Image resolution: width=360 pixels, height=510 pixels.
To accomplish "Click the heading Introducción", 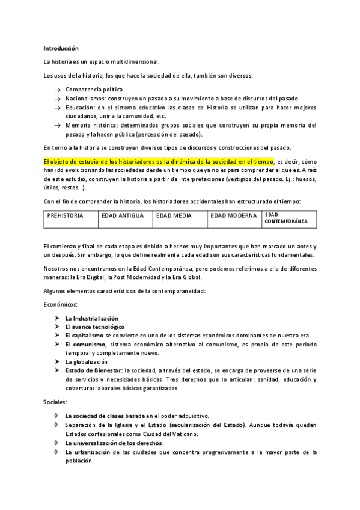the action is [61, 48].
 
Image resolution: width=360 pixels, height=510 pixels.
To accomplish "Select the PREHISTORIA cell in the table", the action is [71, 219].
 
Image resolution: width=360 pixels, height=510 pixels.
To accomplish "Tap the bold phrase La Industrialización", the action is [92, 318].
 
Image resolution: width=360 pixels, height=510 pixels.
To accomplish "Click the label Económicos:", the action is [61, 305].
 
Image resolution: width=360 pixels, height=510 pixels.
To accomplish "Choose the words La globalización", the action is [88, 362].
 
